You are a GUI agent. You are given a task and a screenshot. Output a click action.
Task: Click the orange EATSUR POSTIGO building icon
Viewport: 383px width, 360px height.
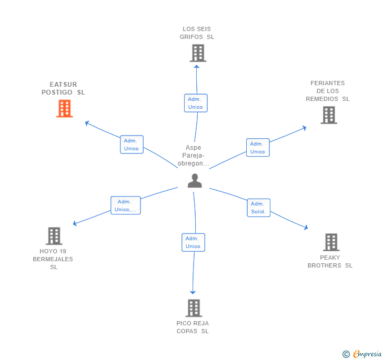click(64, 108)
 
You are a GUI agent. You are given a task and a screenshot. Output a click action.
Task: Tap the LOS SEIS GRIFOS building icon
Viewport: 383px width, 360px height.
click(198, 53)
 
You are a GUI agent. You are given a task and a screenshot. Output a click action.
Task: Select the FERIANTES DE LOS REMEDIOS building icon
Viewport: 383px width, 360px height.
click(329, 115)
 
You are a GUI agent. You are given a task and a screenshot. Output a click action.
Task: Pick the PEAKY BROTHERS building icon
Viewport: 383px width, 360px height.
click(331, 242)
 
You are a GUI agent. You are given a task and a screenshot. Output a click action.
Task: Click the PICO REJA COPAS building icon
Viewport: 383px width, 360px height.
click(194, 308)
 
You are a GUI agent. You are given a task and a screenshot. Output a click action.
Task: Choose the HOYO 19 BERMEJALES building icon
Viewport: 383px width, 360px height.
click(54, 236)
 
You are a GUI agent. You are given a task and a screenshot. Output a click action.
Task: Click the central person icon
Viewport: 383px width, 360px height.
click(195, 181)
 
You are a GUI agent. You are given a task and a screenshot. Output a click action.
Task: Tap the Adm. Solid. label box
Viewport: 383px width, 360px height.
click(258, 208)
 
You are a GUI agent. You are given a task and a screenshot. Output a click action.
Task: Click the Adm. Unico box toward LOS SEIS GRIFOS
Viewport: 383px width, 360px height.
click(195, 103)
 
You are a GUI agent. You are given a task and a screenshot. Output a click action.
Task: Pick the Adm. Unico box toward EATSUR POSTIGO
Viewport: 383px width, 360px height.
click(131, 145)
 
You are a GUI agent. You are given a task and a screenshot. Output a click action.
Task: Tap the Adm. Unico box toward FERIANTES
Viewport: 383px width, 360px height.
click(257, 148)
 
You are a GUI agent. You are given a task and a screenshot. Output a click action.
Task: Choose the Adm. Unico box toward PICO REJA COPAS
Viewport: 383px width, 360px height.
click(193, 242)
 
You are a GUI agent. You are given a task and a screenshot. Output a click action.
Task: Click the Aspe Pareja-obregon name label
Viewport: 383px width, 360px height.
click(194, 156)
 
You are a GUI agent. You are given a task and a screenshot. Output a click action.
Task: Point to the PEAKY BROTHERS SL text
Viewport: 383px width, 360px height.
click(330, 262)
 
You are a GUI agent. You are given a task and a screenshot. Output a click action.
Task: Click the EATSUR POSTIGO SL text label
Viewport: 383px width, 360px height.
click(63, 88)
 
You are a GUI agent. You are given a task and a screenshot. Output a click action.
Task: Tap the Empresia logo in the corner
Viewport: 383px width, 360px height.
click(362, 354)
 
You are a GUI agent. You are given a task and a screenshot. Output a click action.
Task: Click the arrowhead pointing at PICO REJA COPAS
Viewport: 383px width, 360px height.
click(193, 292)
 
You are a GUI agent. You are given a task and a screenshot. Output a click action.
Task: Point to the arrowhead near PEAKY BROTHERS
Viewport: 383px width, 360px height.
click(305, 227)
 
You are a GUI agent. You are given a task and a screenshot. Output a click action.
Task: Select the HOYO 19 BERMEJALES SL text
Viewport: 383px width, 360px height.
click(53, 259)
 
